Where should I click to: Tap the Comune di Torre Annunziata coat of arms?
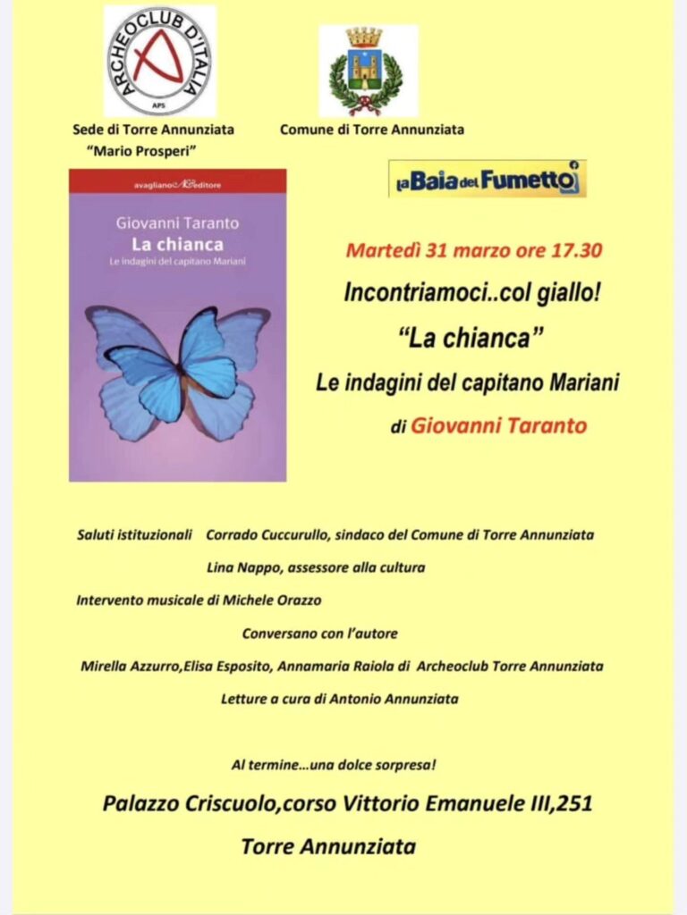(x=368, y=71)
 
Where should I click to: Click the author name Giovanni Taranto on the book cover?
(x=178, y=224)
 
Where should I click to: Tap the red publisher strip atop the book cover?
(x=178, y=181)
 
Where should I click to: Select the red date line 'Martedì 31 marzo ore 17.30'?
(x=473, y=250)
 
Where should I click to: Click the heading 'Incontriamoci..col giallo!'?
(x=472, y=294)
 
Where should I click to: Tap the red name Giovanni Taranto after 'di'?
(x=499, y=426)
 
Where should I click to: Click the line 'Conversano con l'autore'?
(x=319, y=634)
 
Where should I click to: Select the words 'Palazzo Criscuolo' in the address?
(x=188, y=804)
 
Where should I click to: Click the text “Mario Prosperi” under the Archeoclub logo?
(x=153, y=150)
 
